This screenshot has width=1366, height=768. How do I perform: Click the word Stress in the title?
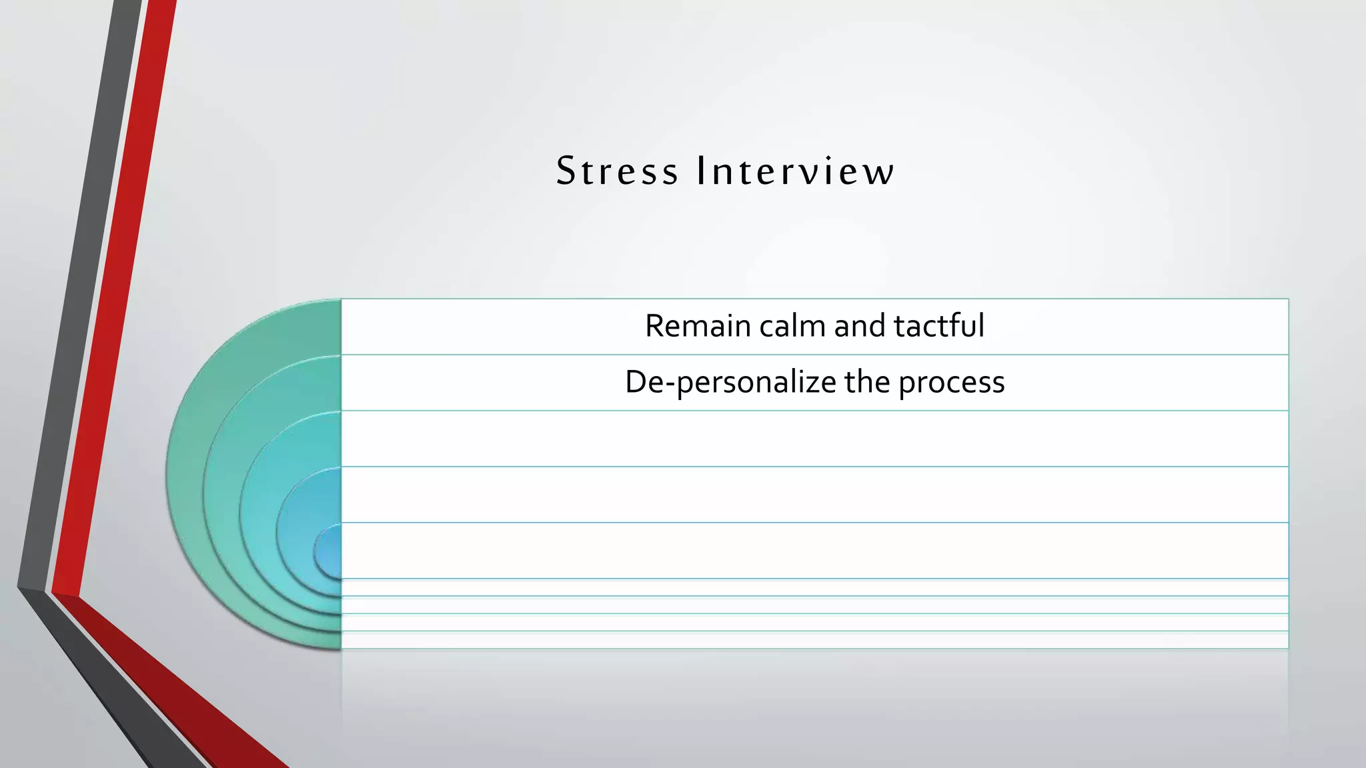(x=617, y=171)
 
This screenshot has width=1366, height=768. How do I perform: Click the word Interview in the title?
(x=794, y=171)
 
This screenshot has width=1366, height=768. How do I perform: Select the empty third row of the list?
(x=814, y=439)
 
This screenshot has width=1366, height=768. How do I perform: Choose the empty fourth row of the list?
(x=814, y=495)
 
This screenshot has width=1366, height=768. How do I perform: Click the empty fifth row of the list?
(x=814, y=551)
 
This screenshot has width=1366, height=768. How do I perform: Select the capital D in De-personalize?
(x=636, y=383)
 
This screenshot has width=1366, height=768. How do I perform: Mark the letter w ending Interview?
(x=879, y=173)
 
